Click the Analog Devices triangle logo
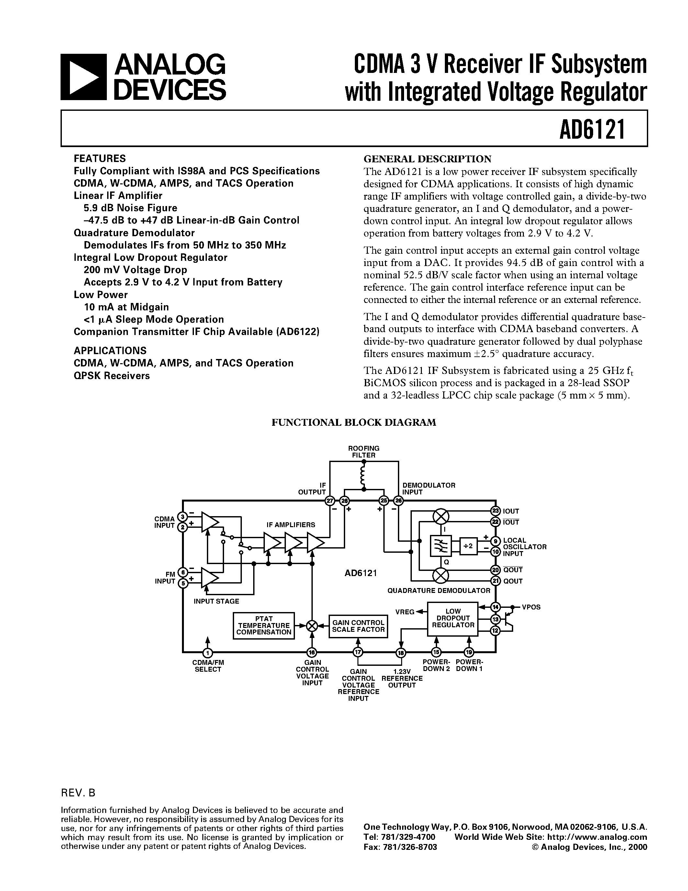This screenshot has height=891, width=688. (83, 77)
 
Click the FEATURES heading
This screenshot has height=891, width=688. (100, 158)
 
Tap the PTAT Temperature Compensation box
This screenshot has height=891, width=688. (264, 625)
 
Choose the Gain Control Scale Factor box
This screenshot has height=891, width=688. (358, 626)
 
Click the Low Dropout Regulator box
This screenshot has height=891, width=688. (452, 619)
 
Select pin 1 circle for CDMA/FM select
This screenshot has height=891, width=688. (208, 652)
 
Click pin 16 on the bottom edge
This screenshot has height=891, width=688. (312, 652)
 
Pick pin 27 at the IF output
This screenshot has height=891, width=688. (330, 501)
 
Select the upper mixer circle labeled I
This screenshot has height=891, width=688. (440, 516)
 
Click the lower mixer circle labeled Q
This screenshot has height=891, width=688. (440, 576)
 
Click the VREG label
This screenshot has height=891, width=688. (404, 611)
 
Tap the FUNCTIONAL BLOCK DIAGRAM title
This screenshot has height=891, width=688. (354, 422)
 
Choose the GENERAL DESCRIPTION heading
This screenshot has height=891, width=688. (427, 159)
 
